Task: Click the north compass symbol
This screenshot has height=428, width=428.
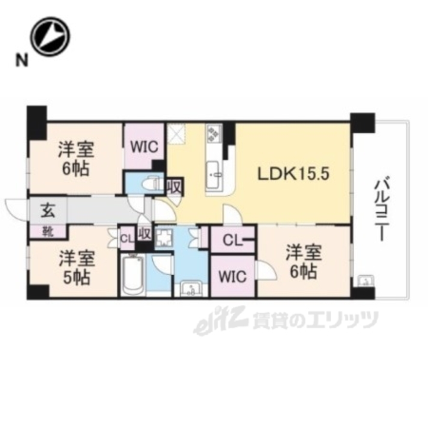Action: point(50,37)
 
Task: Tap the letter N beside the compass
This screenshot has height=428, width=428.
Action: point(22,60)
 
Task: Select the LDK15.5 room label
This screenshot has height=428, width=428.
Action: point(294,174)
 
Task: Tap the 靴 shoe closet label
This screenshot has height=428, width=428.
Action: point(48,232)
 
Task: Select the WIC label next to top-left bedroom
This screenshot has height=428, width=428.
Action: point(144,147)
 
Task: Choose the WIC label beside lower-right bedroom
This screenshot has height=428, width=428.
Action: point(233,276)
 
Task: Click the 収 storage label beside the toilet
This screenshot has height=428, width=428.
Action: point(174,187)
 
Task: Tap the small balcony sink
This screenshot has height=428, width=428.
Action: point(366,281)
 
